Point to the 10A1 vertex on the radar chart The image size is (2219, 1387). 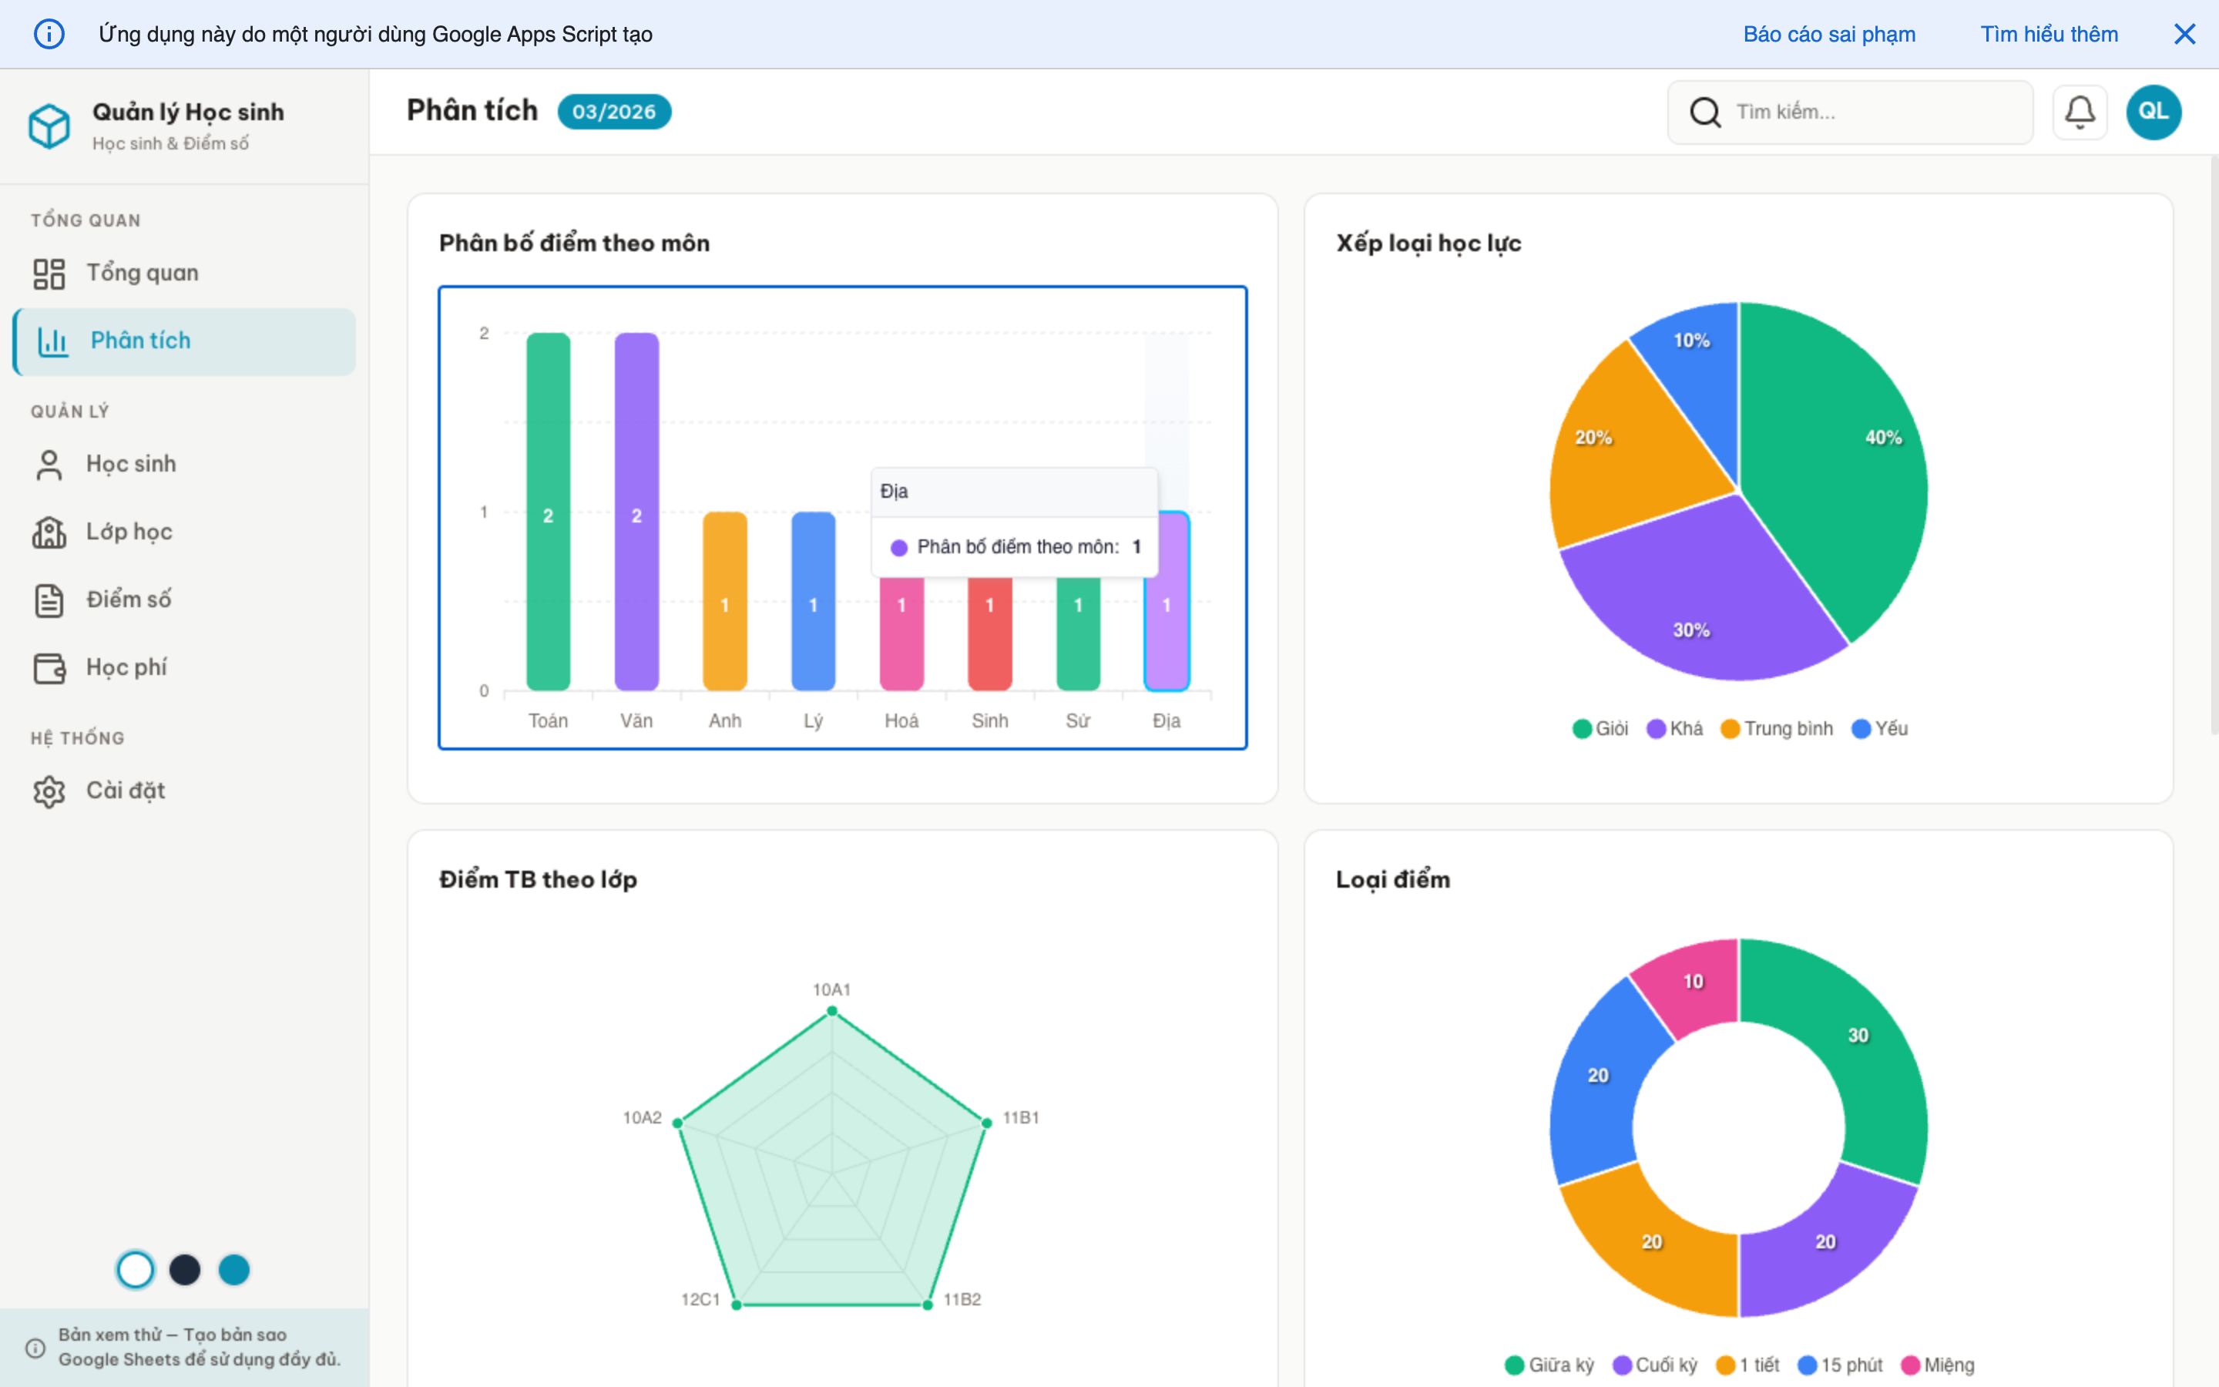831,1011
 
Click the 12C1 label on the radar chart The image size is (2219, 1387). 700,1299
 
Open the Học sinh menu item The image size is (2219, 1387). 130,464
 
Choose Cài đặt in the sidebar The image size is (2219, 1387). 125,791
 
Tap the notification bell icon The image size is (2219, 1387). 2079,112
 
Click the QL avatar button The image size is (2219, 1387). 2152,112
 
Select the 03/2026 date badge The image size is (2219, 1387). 613,112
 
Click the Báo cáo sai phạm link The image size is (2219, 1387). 1828,34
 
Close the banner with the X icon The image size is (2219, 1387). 2184,34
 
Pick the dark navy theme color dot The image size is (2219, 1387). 184,1270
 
